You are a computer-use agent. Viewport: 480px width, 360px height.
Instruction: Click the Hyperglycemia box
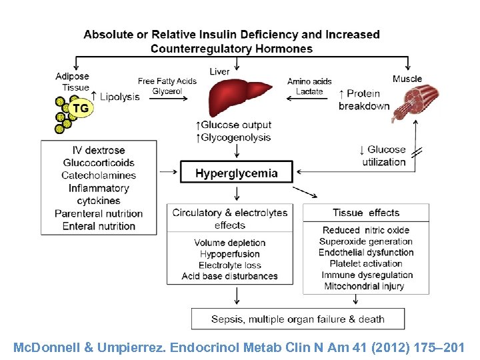pyautogui.click(x=236, y=173)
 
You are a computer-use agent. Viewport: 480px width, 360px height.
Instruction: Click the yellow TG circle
pyautogui.click(x=80, y=108)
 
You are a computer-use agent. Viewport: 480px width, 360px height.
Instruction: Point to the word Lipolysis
pyautogui.click(x=120, y=97)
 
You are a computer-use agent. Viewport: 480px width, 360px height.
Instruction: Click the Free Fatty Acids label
pyautogui.click(x=167, y=81)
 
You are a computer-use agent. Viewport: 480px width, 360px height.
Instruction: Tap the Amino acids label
pyautogui.click(x=309, y=81)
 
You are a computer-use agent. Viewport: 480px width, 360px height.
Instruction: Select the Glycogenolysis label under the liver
pyautogui.click(x=235, y=137)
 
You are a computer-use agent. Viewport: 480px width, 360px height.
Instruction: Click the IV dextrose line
pyautogui.click(x=99, y=150)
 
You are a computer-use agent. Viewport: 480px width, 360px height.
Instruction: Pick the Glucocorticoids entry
pyautogui.click(x=99, y=163)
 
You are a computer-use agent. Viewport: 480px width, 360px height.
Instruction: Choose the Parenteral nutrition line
pyautogui.click(x=99, y=213)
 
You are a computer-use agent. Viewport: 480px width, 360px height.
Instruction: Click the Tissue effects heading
pyautogui.click(x=366, y=213)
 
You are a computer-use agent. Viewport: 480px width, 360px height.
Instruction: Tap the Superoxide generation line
pyautogui.click(x=366, y=241)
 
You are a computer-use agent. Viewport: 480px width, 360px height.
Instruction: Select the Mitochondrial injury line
pyautogui.click(x=366, y=287)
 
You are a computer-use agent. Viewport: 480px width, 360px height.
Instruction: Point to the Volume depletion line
pyautogui.click(x=230, y=243)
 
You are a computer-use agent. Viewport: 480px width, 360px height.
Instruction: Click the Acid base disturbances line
pyautogui.click(x=230, y=276)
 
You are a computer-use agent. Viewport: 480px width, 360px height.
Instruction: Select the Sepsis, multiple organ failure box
pyautogui.click(x=297, y=319)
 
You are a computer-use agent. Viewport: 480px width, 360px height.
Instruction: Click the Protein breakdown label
pyautogui.click(x=363, y=100)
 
